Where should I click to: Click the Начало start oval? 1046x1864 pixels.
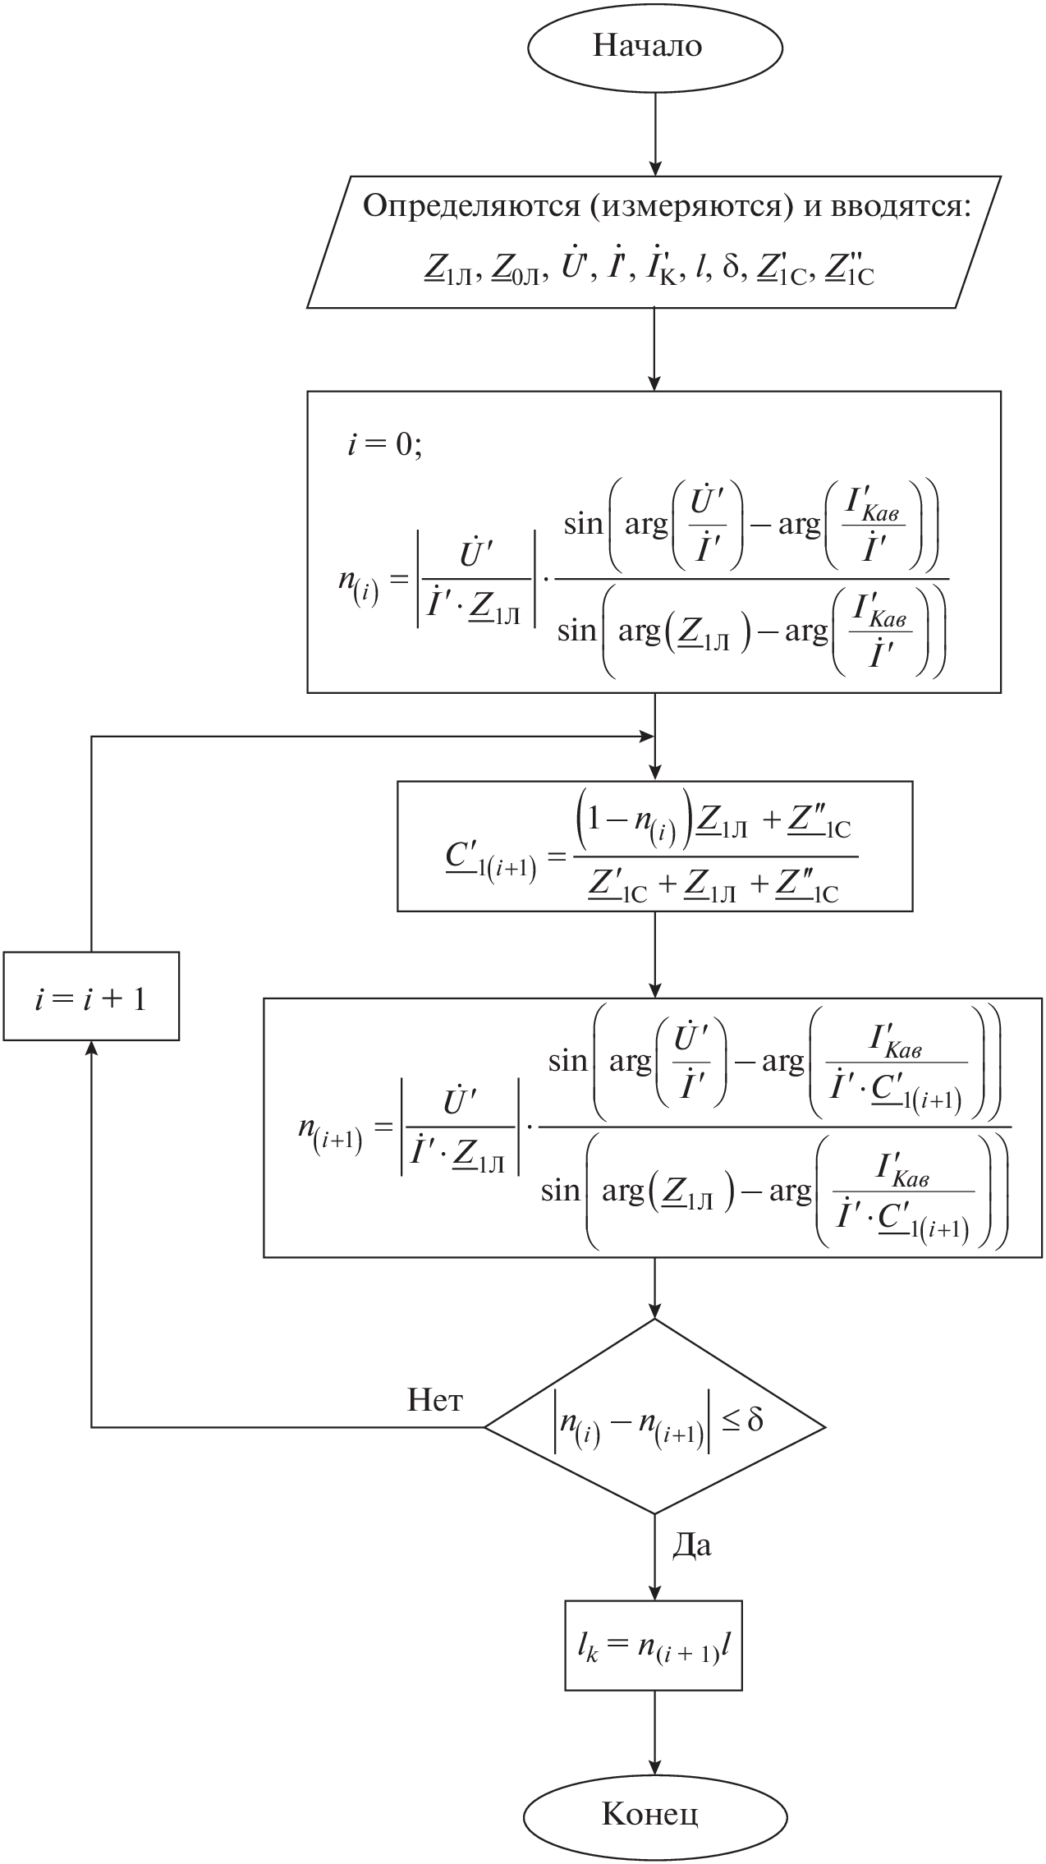[x=654, y=47]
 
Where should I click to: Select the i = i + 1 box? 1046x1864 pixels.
[x=91, y=996]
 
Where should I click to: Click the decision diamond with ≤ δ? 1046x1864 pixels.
[x=654, y=1427]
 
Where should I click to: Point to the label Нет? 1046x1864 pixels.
[x=435, y=1399]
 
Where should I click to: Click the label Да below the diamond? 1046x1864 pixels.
[x=691, y=1545]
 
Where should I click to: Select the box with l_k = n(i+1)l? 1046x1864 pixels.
[x=654, y=1646]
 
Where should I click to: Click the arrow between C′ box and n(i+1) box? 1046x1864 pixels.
[x=654, y=954]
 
